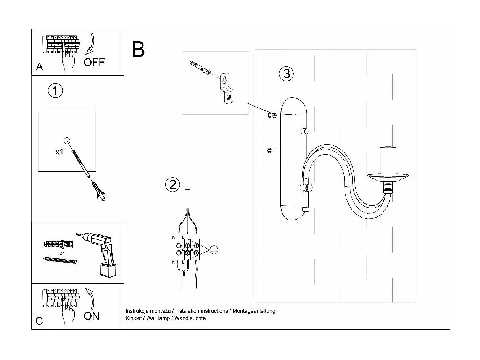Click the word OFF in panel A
pyautogui.click(x=94, y=62)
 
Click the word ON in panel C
pyautogui.click(x=92, y=316)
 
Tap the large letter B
pyautogui.click(x=139, y=50)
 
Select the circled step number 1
pyautogui.click(x=55, y=91)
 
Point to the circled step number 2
pyautogui.click(x=172, y=185)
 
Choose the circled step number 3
pyautogui.click(x=287, y=74)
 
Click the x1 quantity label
pyautogui.click(x=60, y=152)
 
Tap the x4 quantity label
pyautogui.click(x=62, y=253)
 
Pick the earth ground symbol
pyautogui.click(x=214, y=250)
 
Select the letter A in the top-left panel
pyautogui.click(x=39, y=67)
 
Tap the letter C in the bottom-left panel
pyautogui.click(x=39, y=321)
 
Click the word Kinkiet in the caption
pyautogui.click(x=134, y=318)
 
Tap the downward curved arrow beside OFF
pyautogui.click(x=91, y=44)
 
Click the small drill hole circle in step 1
pyautogui.click(x=67, y=140)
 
